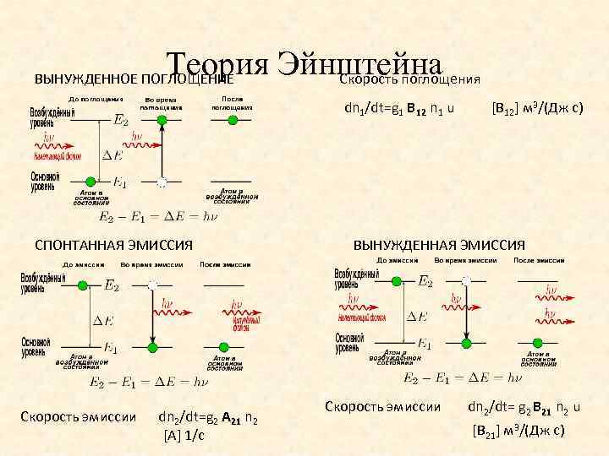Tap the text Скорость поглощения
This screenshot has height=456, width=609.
[409, 79]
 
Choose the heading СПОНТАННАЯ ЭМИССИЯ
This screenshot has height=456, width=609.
[113, 245]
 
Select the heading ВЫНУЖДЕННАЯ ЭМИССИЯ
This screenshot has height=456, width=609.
[439, 245]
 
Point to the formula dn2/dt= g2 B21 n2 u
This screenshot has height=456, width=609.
[524, 407]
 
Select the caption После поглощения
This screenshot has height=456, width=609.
[233, 103]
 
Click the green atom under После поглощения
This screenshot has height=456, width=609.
[233, 120]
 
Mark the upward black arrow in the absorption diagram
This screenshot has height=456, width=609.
[160, 152]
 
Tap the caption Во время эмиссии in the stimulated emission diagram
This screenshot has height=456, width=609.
[467, 262]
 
